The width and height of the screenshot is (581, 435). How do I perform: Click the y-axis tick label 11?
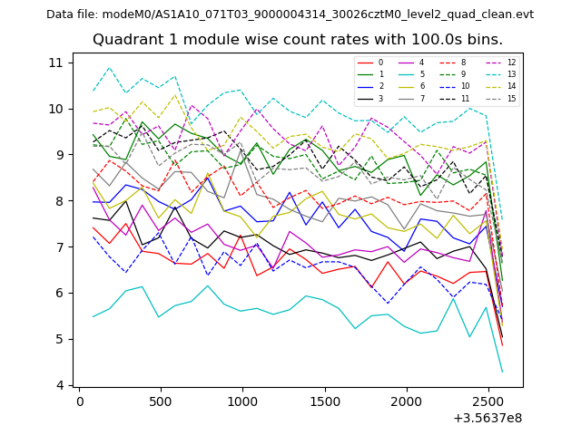tap(56, 63)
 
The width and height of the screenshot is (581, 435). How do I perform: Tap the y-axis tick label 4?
tap(59, 385)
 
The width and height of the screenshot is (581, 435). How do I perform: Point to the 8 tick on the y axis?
tap(59, 201)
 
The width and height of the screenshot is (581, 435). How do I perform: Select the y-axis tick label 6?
tap(59, 293)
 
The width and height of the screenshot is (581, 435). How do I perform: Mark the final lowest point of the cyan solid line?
tap(502, 372)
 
